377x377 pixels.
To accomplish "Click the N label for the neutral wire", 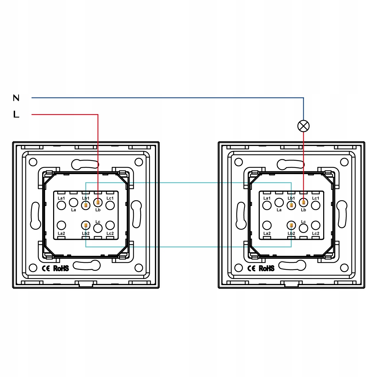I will click(16, 98).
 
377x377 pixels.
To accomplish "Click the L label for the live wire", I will click(16, 114).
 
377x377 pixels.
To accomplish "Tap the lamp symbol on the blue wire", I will click(303, 126).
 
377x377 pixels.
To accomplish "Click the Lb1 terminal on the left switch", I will click(86, 205).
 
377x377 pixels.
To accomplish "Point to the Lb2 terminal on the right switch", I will click(291, 225).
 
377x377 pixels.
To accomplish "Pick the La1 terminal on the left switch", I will click(61, 205).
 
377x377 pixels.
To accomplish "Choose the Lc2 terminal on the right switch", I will click(316, 225).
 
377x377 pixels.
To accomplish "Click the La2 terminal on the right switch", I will click(267, 225).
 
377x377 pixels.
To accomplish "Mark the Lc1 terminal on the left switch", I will click(110, 205).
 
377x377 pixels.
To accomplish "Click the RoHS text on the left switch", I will click(61, 268).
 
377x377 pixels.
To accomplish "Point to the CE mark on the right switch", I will click(252, 268).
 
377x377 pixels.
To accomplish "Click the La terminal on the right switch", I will click(279, 202).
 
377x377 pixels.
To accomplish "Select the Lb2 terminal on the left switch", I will click(86, 225).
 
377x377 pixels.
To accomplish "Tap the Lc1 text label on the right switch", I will click(316, 198).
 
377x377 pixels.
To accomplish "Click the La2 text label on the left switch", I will click(61, 233).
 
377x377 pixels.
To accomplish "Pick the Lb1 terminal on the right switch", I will click(291, 205).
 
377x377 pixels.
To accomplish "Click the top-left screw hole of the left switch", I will click(33, 162).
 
